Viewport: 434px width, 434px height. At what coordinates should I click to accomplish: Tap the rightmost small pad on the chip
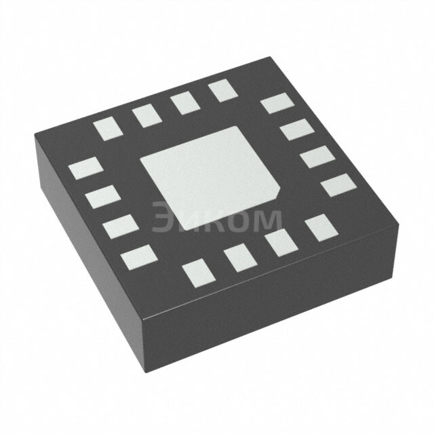coord(337,184)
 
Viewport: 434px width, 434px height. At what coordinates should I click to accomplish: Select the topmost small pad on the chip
coord(221,90)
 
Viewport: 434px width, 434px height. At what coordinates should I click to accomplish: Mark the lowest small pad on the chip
coord(197,272)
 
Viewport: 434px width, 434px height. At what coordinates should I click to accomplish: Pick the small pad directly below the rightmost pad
coord(321,228)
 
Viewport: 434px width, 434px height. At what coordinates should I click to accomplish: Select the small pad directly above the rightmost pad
coord(317,157)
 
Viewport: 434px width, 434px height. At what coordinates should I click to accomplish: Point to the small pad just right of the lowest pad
coord(239,258)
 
